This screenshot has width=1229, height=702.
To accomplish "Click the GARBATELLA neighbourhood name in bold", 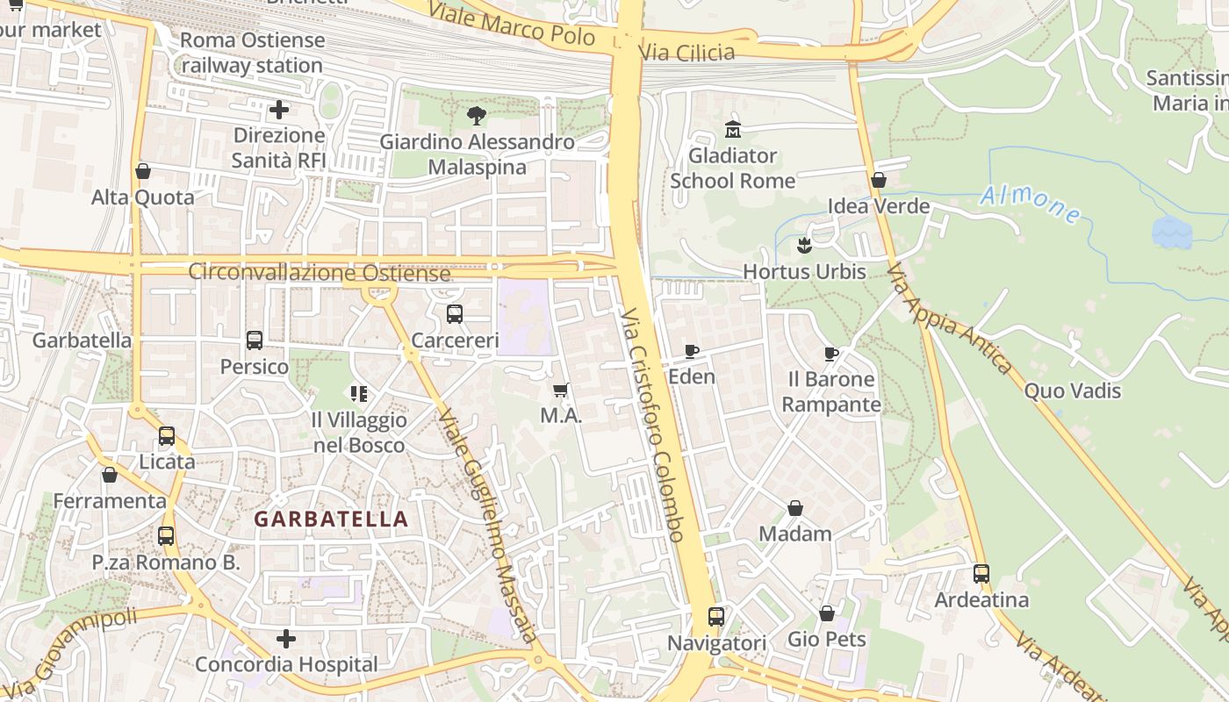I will pos(332,519).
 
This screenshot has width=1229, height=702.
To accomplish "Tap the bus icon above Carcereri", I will pos(455,314).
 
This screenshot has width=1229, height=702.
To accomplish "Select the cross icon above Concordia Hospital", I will pos(286,638).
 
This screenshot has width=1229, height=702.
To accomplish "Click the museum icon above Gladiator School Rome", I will pos(733,130).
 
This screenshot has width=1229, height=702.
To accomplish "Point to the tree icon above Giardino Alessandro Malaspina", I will pos(477,115).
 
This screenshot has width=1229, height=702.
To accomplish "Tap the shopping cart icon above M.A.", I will pos(561,390).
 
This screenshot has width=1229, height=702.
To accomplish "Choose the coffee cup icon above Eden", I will pos(692,351).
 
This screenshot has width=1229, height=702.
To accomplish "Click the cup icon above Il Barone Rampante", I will pos(831,354).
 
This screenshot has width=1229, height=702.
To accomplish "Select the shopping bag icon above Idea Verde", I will pos(879,180).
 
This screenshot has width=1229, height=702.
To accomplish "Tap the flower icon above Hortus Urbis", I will pos(803,245).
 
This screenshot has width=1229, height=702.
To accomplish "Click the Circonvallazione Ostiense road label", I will pos(320,272).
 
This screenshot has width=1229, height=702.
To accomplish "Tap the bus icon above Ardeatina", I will pos(981,574).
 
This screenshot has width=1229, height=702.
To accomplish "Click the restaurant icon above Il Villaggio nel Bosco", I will pos(359,394).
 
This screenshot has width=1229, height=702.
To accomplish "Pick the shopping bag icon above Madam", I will pos(795,508).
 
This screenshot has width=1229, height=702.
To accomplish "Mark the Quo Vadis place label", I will pos(1073,390).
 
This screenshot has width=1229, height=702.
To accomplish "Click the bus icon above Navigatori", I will pos(716,617).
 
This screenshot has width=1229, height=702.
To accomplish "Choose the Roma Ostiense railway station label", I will pos(253,53).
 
